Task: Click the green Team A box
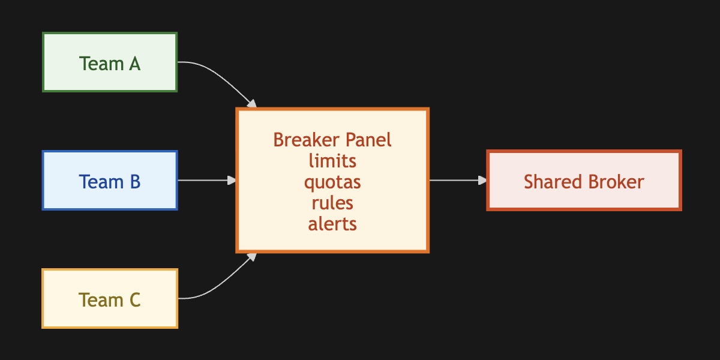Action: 110,62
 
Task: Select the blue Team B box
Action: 110,181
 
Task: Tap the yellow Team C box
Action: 110,299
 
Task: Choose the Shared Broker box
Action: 584,181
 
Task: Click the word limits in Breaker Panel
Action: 332,161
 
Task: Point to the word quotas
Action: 332,181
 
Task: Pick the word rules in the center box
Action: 332,203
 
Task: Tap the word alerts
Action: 332,224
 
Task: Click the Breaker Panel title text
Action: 332,140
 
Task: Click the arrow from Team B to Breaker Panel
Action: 204,180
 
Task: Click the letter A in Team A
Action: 134,63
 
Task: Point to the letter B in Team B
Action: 134,181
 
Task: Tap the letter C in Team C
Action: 134,299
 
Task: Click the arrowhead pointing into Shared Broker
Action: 482,180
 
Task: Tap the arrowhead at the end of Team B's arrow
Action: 232,180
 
